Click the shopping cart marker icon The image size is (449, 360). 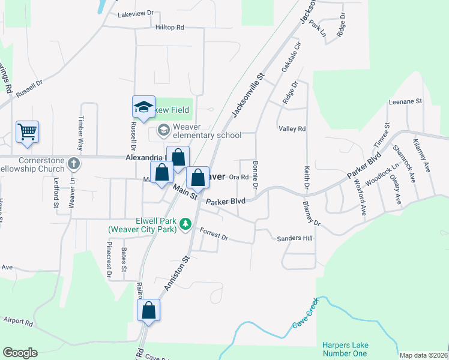point(28,131)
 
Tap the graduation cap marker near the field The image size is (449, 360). point(143,107)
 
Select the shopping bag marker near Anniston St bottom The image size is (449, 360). point(148,311)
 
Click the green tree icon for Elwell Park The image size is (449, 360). point(186,224)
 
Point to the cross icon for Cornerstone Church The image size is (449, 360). point(73,163)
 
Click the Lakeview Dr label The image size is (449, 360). point(136,13)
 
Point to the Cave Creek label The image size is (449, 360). point(306,316)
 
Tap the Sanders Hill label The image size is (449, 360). point(295,238)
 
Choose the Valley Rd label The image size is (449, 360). point(292,129)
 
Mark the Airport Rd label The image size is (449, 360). point(18,322)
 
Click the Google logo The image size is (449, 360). point(20,353)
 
